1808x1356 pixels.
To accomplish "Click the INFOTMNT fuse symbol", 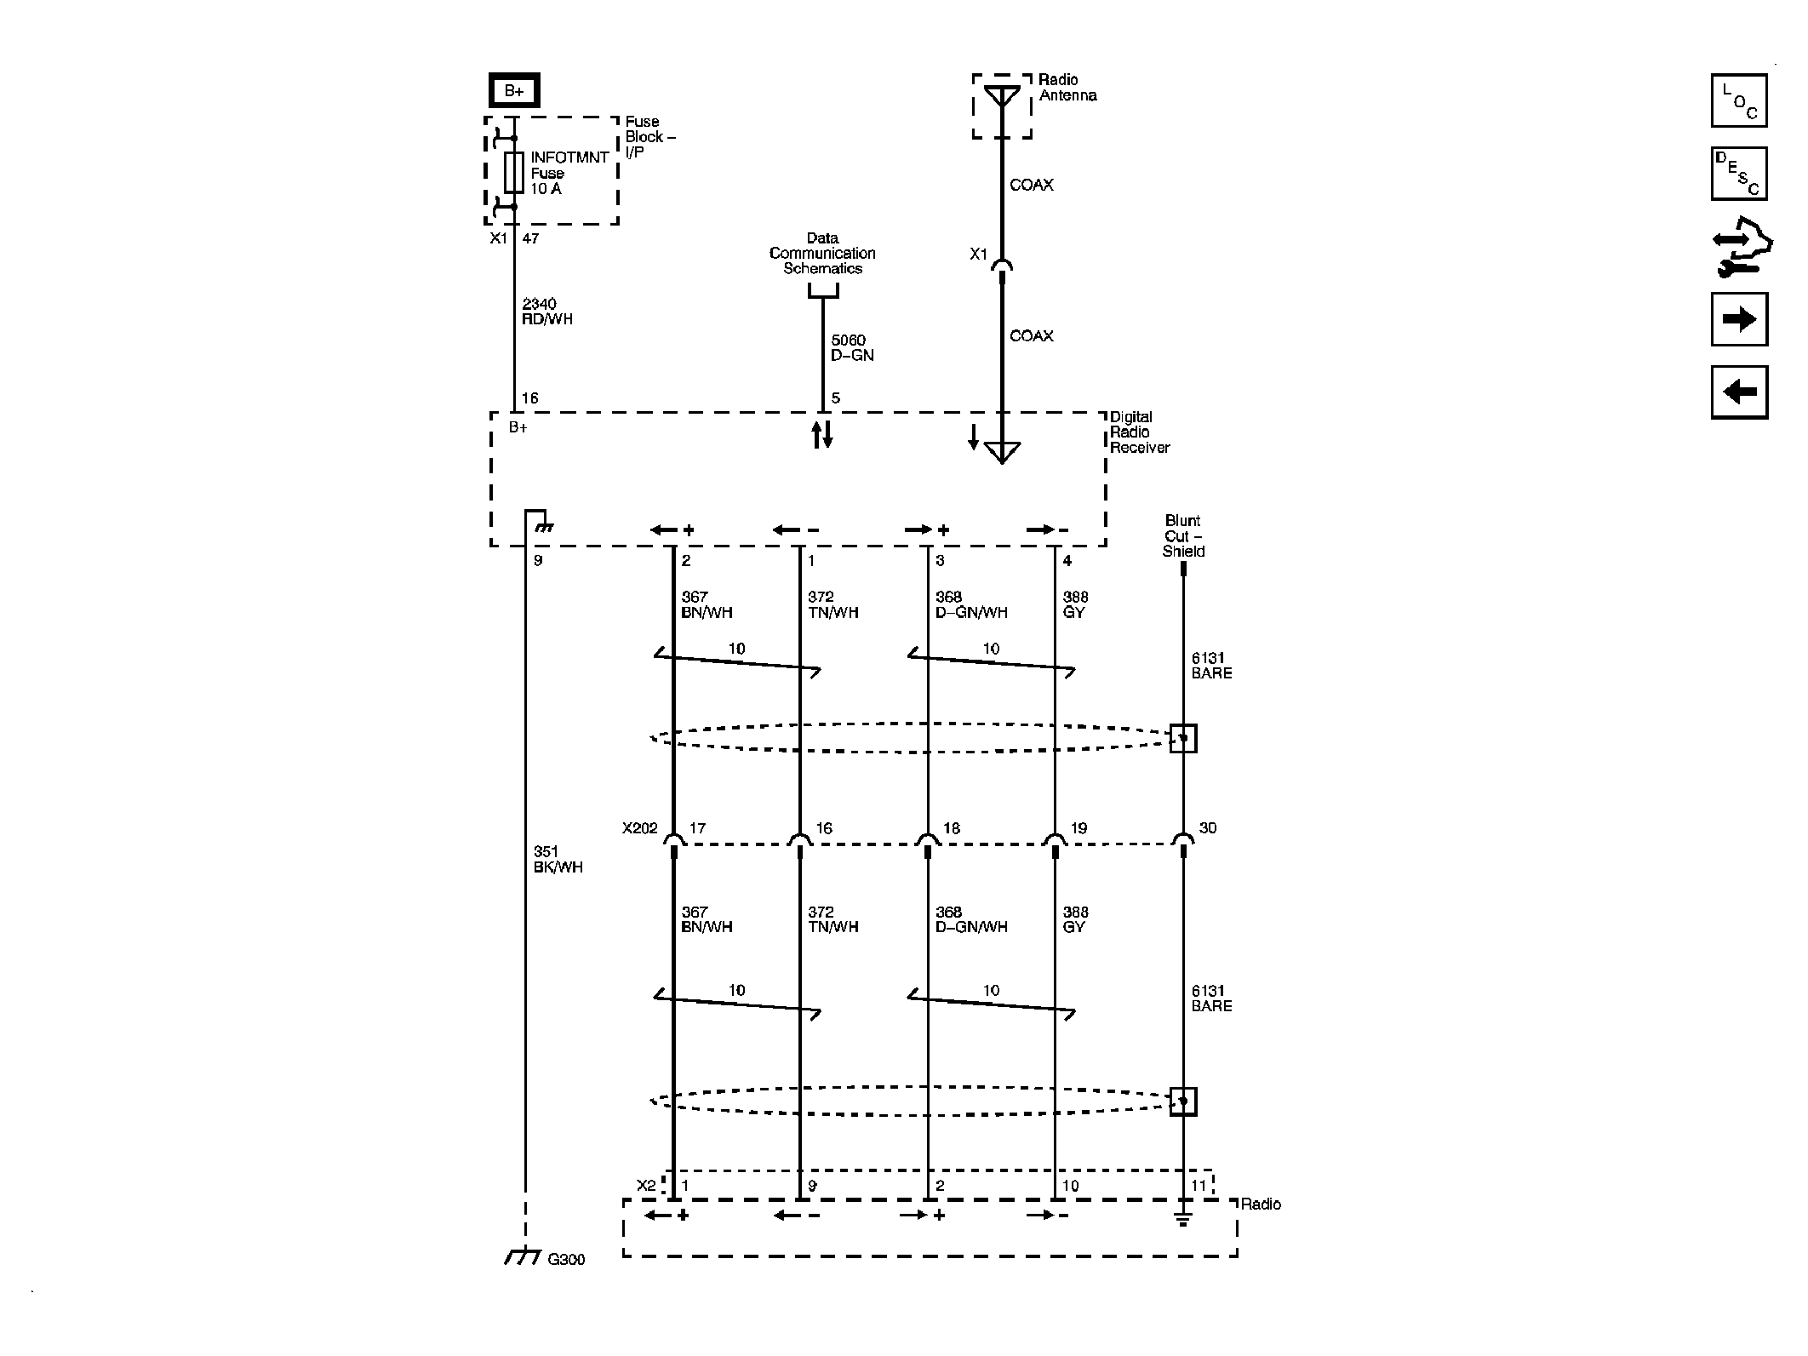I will point(513,172).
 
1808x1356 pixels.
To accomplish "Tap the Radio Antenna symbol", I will point(1002,98).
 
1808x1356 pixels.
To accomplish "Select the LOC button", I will point(1738,100).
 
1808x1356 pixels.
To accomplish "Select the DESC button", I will point(1738,174).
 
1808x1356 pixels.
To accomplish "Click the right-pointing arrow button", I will point(1738,319).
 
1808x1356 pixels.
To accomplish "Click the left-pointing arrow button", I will point(1738,392).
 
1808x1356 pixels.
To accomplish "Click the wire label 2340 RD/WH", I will point(546,312).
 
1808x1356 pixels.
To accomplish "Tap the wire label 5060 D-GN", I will point(851,348).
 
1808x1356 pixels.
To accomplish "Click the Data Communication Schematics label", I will point(822,254).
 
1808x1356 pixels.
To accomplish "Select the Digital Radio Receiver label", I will point(1139,432).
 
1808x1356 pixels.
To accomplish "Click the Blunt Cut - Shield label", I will point(1183,536).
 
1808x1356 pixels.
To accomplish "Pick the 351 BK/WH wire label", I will point(558,860).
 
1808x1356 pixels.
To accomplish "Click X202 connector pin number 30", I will point(1207,828).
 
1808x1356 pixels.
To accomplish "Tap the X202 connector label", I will point(639,828).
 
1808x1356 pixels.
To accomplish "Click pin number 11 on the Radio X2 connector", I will point(1199,1186).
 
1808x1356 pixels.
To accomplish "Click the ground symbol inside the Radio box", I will point(1182,1219).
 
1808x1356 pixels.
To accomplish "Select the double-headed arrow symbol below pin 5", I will point(822,434).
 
